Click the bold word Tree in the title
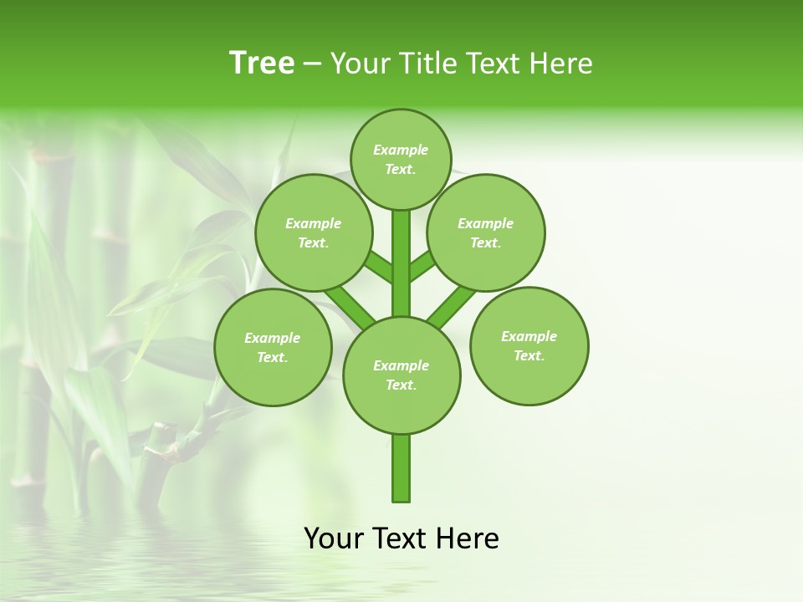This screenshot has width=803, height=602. (x=262, y=64)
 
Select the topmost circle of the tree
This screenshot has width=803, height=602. (x=401, y=159)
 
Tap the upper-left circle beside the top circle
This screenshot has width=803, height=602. (x=314, y=232)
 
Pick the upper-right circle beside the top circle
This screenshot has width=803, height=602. (x=486, y=232)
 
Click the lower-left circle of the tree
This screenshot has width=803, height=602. (x=273, y=347)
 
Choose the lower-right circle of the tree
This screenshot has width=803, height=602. (x=529, y=345)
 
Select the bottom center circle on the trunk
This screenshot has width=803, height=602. (x=401, y=375)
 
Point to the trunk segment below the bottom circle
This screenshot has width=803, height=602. (x=401, y=468)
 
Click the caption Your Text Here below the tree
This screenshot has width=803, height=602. (x=401, y=538)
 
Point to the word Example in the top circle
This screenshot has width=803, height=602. (x=401, y=150)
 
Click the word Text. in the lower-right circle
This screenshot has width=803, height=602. (x=529, y=355)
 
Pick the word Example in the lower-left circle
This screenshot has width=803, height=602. (x=272, y=338)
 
